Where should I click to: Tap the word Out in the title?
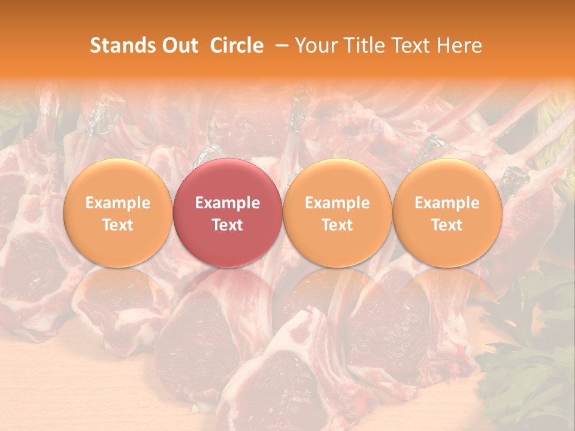(178, 45)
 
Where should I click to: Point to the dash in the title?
(279, 45)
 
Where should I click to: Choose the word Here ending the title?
(459, 45)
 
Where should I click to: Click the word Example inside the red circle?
(228, 203)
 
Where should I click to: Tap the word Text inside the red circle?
(228, 225)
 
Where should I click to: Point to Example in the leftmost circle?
(117, 203)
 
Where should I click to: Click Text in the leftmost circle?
(117, 225)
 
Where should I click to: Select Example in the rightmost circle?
(447, 203)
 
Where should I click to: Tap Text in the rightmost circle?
(447, 225)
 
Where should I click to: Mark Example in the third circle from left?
(337, 203)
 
